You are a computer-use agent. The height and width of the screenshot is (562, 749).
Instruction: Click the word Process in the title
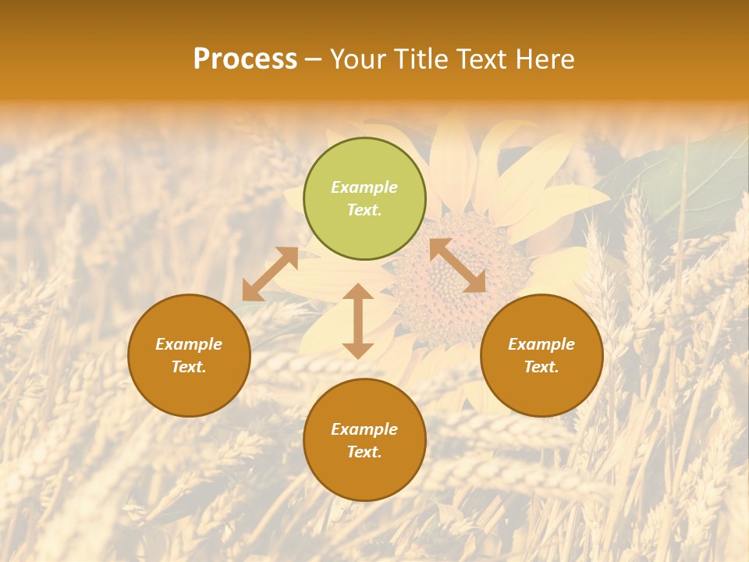tap(245, 59)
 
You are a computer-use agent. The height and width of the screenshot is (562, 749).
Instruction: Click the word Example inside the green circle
tap(364, 187)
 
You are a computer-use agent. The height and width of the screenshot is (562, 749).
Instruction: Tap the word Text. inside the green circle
tap(364, 210)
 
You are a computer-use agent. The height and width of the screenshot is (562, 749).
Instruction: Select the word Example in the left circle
tap(189, 344)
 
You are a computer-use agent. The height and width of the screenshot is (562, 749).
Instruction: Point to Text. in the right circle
tap(541, 367)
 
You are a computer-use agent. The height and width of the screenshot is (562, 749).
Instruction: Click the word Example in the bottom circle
tap(364, 429)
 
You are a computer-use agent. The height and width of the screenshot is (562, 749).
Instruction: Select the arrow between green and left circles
tap(270, 274)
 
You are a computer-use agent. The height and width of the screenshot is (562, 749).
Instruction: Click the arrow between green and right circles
tap(458, 265)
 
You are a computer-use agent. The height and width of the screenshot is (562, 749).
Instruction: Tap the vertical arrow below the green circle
tap(358, 321)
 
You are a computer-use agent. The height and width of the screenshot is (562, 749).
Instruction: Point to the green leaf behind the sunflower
tap(671, 180)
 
